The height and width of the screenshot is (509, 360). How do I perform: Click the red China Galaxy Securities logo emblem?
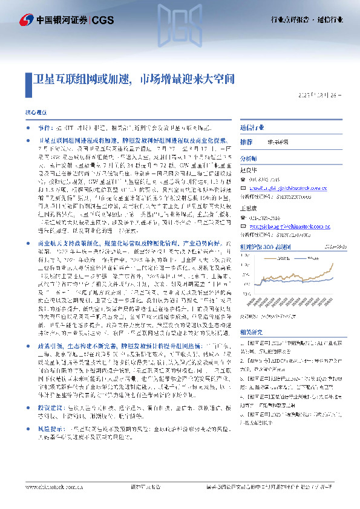pos(25,19)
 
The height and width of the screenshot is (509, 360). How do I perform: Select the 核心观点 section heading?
pos(34,112)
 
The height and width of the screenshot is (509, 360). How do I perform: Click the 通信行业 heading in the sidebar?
pos(252,128)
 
